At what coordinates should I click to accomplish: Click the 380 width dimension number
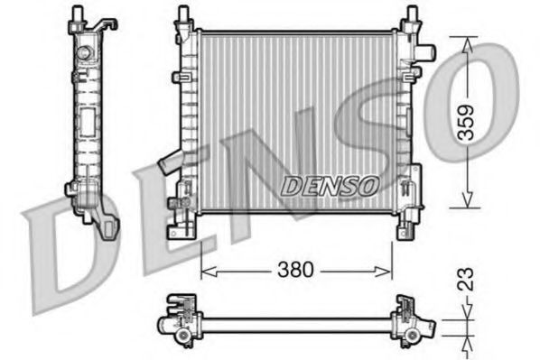[295, 269]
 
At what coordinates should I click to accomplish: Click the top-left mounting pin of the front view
[183, 15]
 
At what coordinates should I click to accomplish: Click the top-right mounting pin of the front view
[412, 15]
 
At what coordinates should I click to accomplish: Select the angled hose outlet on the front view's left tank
[169, 164]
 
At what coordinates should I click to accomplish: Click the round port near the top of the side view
[88, 51]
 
